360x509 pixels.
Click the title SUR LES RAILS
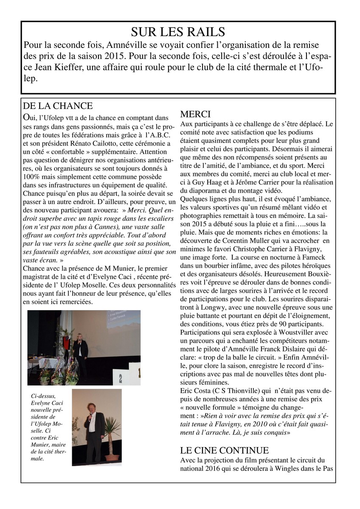click(178, 32)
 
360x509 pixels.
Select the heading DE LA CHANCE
click(58, 106)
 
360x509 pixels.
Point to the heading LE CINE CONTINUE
click(225, 450)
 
